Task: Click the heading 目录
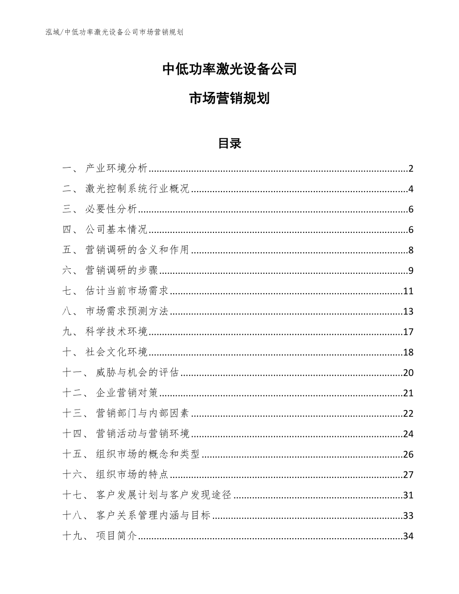point(229,144)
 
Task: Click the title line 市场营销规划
point(229,99)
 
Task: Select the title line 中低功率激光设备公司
point(229,69)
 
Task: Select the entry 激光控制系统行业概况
point(137,189)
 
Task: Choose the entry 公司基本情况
point(116,230)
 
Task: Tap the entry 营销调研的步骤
point(121,271)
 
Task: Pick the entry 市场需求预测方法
point(127,312)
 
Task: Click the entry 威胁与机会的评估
point(137,373)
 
